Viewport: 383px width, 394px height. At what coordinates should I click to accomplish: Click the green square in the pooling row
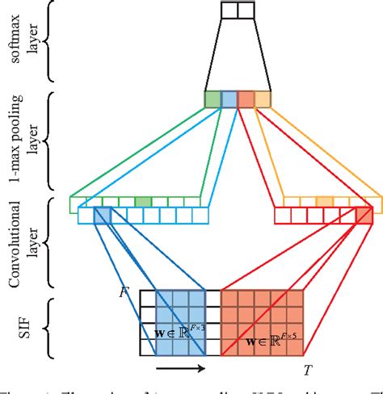pos(213,99)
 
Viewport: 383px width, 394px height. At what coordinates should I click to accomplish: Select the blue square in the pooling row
pos(229,99)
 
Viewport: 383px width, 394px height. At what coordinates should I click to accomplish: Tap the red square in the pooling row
pos(246,99)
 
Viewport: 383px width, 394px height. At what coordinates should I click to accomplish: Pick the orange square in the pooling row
pos(263,99)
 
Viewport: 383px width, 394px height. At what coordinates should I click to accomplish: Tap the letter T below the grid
pos(308,371)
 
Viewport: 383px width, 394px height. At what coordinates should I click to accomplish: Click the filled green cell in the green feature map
pos(143,202)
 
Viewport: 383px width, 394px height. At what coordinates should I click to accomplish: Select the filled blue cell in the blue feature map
pos(103,216)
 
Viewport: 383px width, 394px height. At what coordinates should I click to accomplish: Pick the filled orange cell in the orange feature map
pos(324,202)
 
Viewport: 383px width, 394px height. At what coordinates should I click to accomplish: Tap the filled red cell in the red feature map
pos(364,216)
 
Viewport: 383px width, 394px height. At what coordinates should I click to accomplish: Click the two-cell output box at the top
pos(238,10)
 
